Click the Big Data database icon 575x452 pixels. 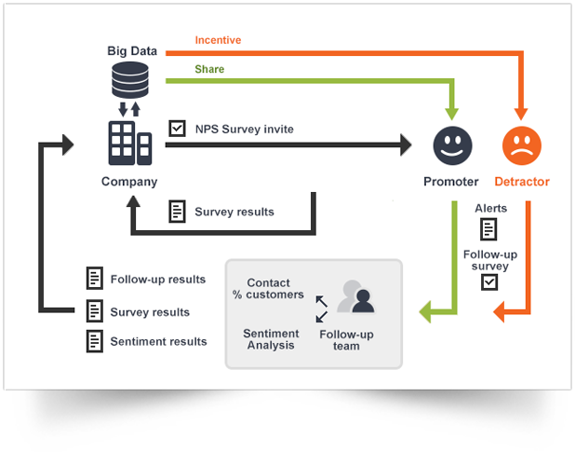point(129,79)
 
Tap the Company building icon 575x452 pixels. point(129,144)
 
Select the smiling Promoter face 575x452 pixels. point(453,145)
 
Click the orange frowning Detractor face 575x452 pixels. point(522,145)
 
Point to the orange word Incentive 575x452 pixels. point(218,40)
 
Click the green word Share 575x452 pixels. point(209,69)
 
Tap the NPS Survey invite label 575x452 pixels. point(244,129)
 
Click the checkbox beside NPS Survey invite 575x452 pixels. point(177,129)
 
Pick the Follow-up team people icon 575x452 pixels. point(354,297)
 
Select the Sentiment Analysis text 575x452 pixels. point(271,339)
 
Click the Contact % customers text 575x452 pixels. point(269,289)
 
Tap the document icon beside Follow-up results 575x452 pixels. point(94,278)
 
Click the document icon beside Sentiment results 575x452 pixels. point(94,341)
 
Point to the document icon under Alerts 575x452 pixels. point(488,229)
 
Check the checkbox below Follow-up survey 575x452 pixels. point(488,281)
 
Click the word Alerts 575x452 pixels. point(490,208)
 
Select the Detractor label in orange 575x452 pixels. point(522,182)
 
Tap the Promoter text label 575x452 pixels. point(451,182)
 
